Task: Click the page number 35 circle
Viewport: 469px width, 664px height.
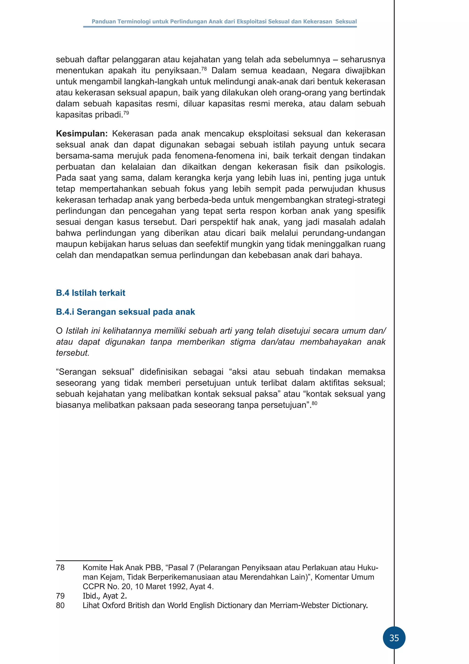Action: [x=394, y=638]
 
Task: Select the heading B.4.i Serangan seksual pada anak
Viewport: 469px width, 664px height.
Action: [x=125, y=312]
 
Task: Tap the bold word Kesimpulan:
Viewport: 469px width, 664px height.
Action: [x=82, y=134]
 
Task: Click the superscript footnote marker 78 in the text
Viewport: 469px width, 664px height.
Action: [x=204, y=69]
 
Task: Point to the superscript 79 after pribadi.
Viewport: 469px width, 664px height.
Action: [x=126, y=113]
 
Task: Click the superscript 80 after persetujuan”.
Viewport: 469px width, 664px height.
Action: [x=314, y=403]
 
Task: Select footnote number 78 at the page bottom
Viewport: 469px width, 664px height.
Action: [x=60, y=567]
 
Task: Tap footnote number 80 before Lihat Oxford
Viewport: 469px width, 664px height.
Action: [x=60, y=605]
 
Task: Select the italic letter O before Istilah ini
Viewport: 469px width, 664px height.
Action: [x=59, y=331]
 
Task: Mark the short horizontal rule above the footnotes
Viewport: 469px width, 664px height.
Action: [x=84, y=560]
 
